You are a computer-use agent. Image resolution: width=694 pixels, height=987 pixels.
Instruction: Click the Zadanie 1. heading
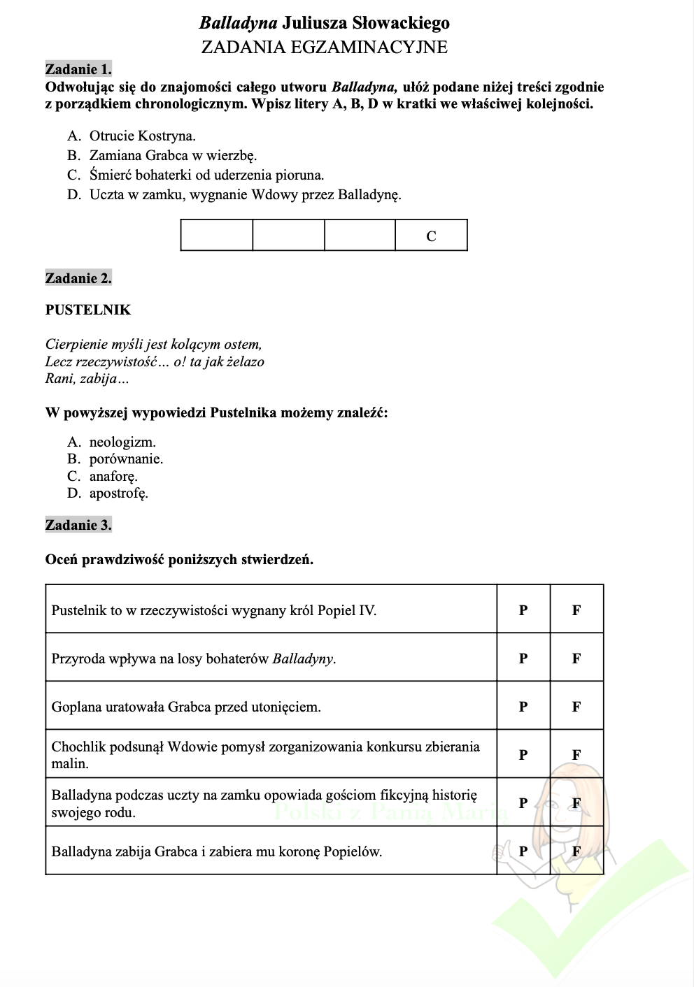pyautogui.click(x=78, y=69)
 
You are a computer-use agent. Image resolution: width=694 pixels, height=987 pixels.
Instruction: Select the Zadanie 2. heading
pyautogui.click(x=78, y=278)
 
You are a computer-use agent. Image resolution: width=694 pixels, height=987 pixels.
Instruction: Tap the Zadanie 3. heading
pyautogui.click(x=78, y=525)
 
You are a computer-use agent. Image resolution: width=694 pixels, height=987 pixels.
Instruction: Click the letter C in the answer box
pyautogui.click(x=431, y=236)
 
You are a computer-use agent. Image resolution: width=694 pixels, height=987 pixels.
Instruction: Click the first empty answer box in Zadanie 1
pyautogui.click(x=216, y=235)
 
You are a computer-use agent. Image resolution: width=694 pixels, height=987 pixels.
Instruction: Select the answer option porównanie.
pyautogui.click(x=126, y=459)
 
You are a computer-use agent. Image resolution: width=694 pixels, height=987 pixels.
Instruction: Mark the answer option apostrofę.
pyautogui.click(x=118, y=493)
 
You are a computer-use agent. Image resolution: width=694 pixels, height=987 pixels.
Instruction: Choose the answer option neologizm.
pyautogui.click(x=122, y=442)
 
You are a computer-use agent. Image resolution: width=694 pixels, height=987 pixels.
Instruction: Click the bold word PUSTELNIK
pyautogui.click(x=88, y=310)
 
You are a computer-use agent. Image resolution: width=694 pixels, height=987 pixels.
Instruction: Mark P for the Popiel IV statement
pyautogui.click(x=523, y=610)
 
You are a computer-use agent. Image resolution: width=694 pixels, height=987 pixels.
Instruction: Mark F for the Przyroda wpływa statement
pyautogui.click(x=576, y=658)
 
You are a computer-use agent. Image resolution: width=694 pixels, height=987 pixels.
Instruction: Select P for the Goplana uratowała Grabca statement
pyautogui.click(x=523, y=707)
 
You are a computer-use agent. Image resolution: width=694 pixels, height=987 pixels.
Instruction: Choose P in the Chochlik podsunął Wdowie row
pyautogui.click(x=523, y=755)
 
